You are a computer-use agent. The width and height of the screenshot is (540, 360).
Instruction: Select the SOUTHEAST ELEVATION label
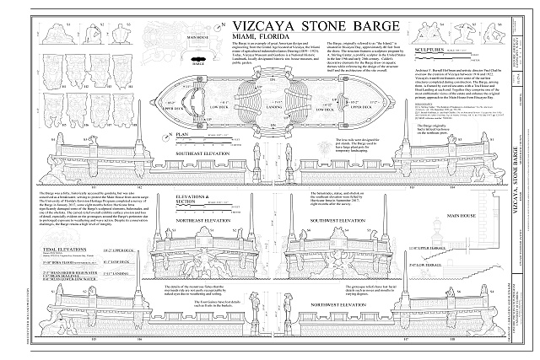tap(200, 155)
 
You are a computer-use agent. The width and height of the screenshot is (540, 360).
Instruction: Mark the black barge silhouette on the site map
tap(199, 55)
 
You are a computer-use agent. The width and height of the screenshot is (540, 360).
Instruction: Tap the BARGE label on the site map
tap(199, 62)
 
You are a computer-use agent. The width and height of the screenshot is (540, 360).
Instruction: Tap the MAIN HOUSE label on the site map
tap(198, 37)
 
